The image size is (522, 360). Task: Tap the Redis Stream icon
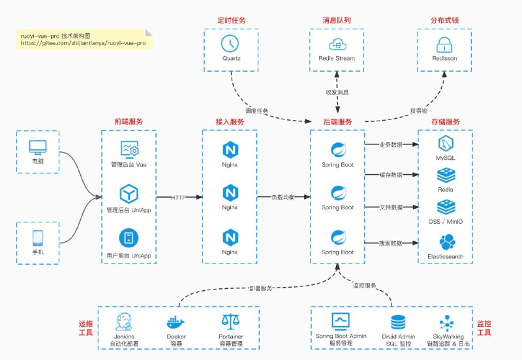(337, 44)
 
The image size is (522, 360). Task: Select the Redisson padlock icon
(444, 44)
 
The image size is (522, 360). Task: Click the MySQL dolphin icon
(446, 144)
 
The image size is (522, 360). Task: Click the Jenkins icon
(125, 322)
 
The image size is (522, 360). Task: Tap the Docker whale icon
(176, 322)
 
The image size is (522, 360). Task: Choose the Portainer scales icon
(230, 322)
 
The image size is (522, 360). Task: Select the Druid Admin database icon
(397, 322)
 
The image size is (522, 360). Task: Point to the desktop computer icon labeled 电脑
(37, 147)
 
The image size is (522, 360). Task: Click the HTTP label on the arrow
(179, 197)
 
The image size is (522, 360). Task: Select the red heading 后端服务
(337, 122)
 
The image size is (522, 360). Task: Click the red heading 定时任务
(231, 20)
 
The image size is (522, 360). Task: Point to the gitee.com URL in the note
(83, 43)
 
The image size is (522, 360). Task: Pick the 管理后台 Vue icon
(128, 149)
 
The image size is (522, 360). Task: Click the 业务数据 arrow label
(391, 145)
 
